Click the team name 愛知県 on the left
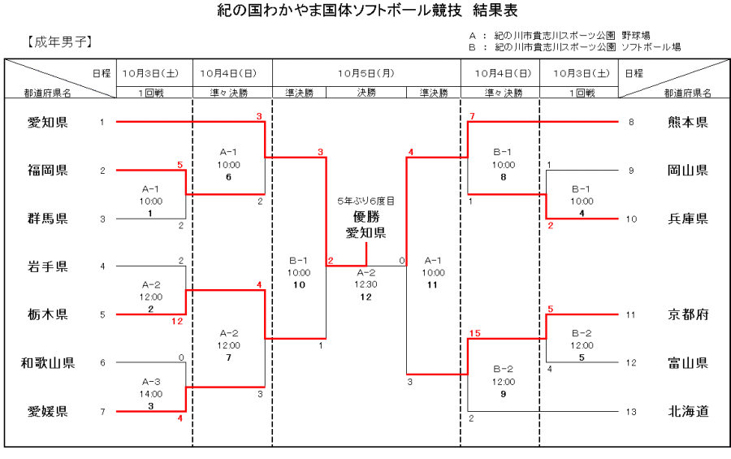48,123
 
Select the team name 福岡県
48,171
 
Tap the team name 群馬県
48,219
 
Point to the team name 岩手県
48,266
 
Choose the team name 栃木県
48,314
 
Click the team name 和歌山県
48,363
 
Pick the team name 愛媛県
48,411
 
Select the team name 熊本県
688,123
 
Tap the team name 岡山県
688,171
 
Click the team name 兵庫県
688,219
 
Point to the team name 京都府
688,314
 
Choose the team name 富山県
688,363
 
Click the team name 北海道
688,411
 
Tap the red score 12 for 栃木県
178,322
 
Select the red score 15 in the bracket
475,331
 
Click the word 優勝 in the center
366,217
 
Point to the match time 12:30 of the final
366,285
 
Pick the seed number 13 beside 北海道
631,412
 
